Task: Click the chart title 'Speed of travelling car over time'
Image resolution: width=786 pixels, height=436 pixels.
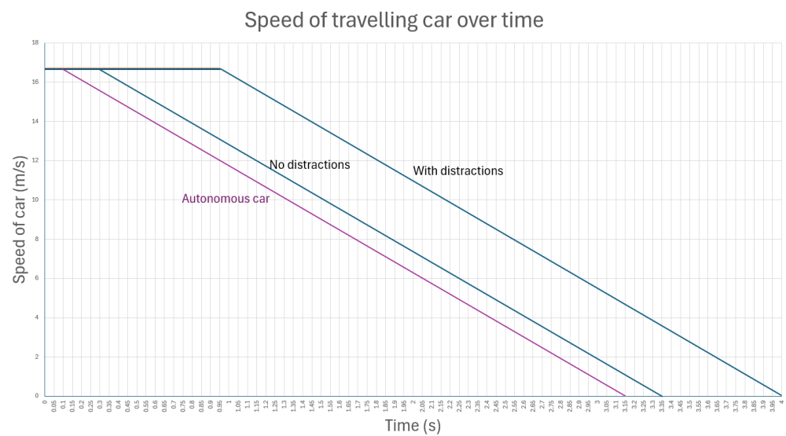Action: pyautogui.click(x=394, y=20)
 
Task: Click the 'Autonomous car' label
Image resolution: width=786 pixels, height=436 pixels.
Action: pyautogui.click(x=226, y=198)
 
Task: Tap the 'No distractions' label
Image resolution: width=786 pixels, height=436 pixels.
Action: pyautogui.click(x=309, y=166)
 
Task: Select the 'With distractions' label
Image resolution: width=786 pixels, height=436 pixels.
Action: pyautogui.click(x=457, y=170)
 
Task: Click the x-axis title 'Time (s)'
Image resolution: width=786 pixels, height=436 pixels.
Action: pyautogui.click(x=413, y=425)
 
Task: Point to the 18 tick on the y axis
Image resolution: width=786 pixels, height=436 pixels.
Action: pyautogui.click(x=35, y=42)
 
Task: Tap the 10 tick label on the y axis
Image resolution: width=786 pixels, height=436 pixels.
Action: pyautogui.click(x=35, y=200)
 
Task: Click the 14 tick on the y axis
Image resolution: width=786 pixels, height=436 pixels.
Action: pyautogui.click(x=35, y=121)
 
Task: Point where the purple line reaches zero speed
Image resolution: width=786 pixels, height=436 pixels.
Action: pyautogui.click(x=626, y=395)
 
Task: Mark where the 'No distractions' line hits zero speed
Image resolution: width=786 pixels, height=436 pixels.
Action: pyautogui.click(x=662, y=395)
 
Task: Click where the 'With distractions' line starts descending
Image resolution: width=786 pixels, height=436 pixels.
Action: pyautogui.click(x=220, y=69)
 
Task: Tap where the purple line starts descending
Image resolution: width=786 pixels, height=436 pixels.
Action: pyautogui.click(x=63, y=69)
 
